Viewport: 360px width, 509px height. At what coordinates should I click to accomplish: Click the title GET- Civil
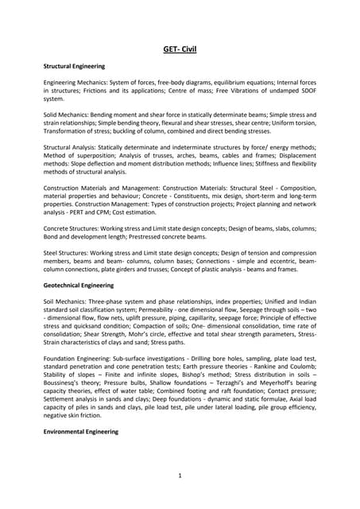click(x=180, y=50)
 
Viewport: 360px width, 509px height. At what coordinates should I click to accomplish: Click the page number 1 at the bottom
click(x=180, y=476)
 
